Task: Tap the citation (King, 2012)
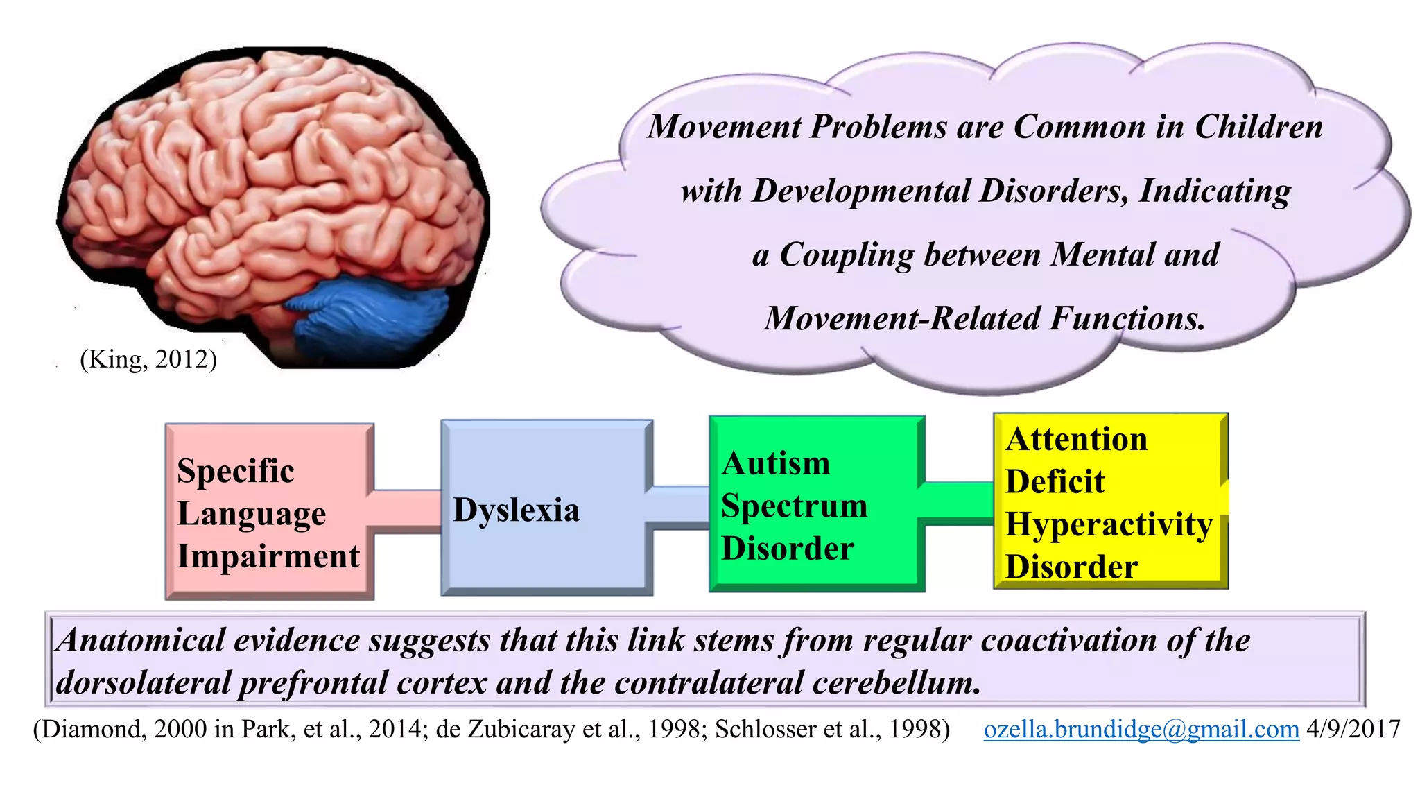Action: (148, 359)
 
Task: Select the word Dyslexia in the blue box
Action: (517, 510)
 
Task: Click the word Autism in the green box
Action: (776, 463)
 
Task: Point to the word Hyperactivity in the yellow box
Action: (1109, 524)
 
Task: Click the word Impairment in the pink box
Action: (268, 556)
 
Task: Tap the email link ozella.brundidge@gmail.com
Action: (1141, 729)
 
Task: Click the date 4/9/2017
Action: (1353, 729)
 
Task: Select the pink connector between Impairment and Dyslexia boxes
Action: (407, 512)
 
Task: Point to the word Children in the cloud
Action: (1258, 127)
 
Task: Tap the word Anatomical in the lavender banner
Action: (141, 640)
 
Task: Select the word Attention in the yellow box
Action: (1076, 440)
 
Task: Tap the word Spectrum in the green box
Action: (794, 506)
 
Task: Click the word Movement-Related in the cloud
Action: (901, 319)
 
